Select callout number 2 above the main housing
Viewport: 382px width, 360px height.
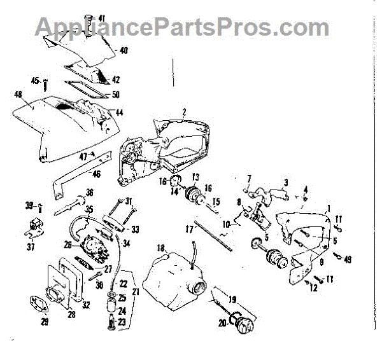(x=183, y=112)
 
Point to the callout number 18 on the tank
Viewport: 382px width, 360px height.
(x=160, y=248)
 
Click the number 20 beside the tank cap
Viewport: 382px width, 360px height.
(x=222, y=323)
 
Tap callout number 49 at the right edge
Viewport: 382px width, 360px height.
(x=348, y=259)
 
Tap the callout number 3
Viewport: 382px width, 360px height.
(x=286, y=183)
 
